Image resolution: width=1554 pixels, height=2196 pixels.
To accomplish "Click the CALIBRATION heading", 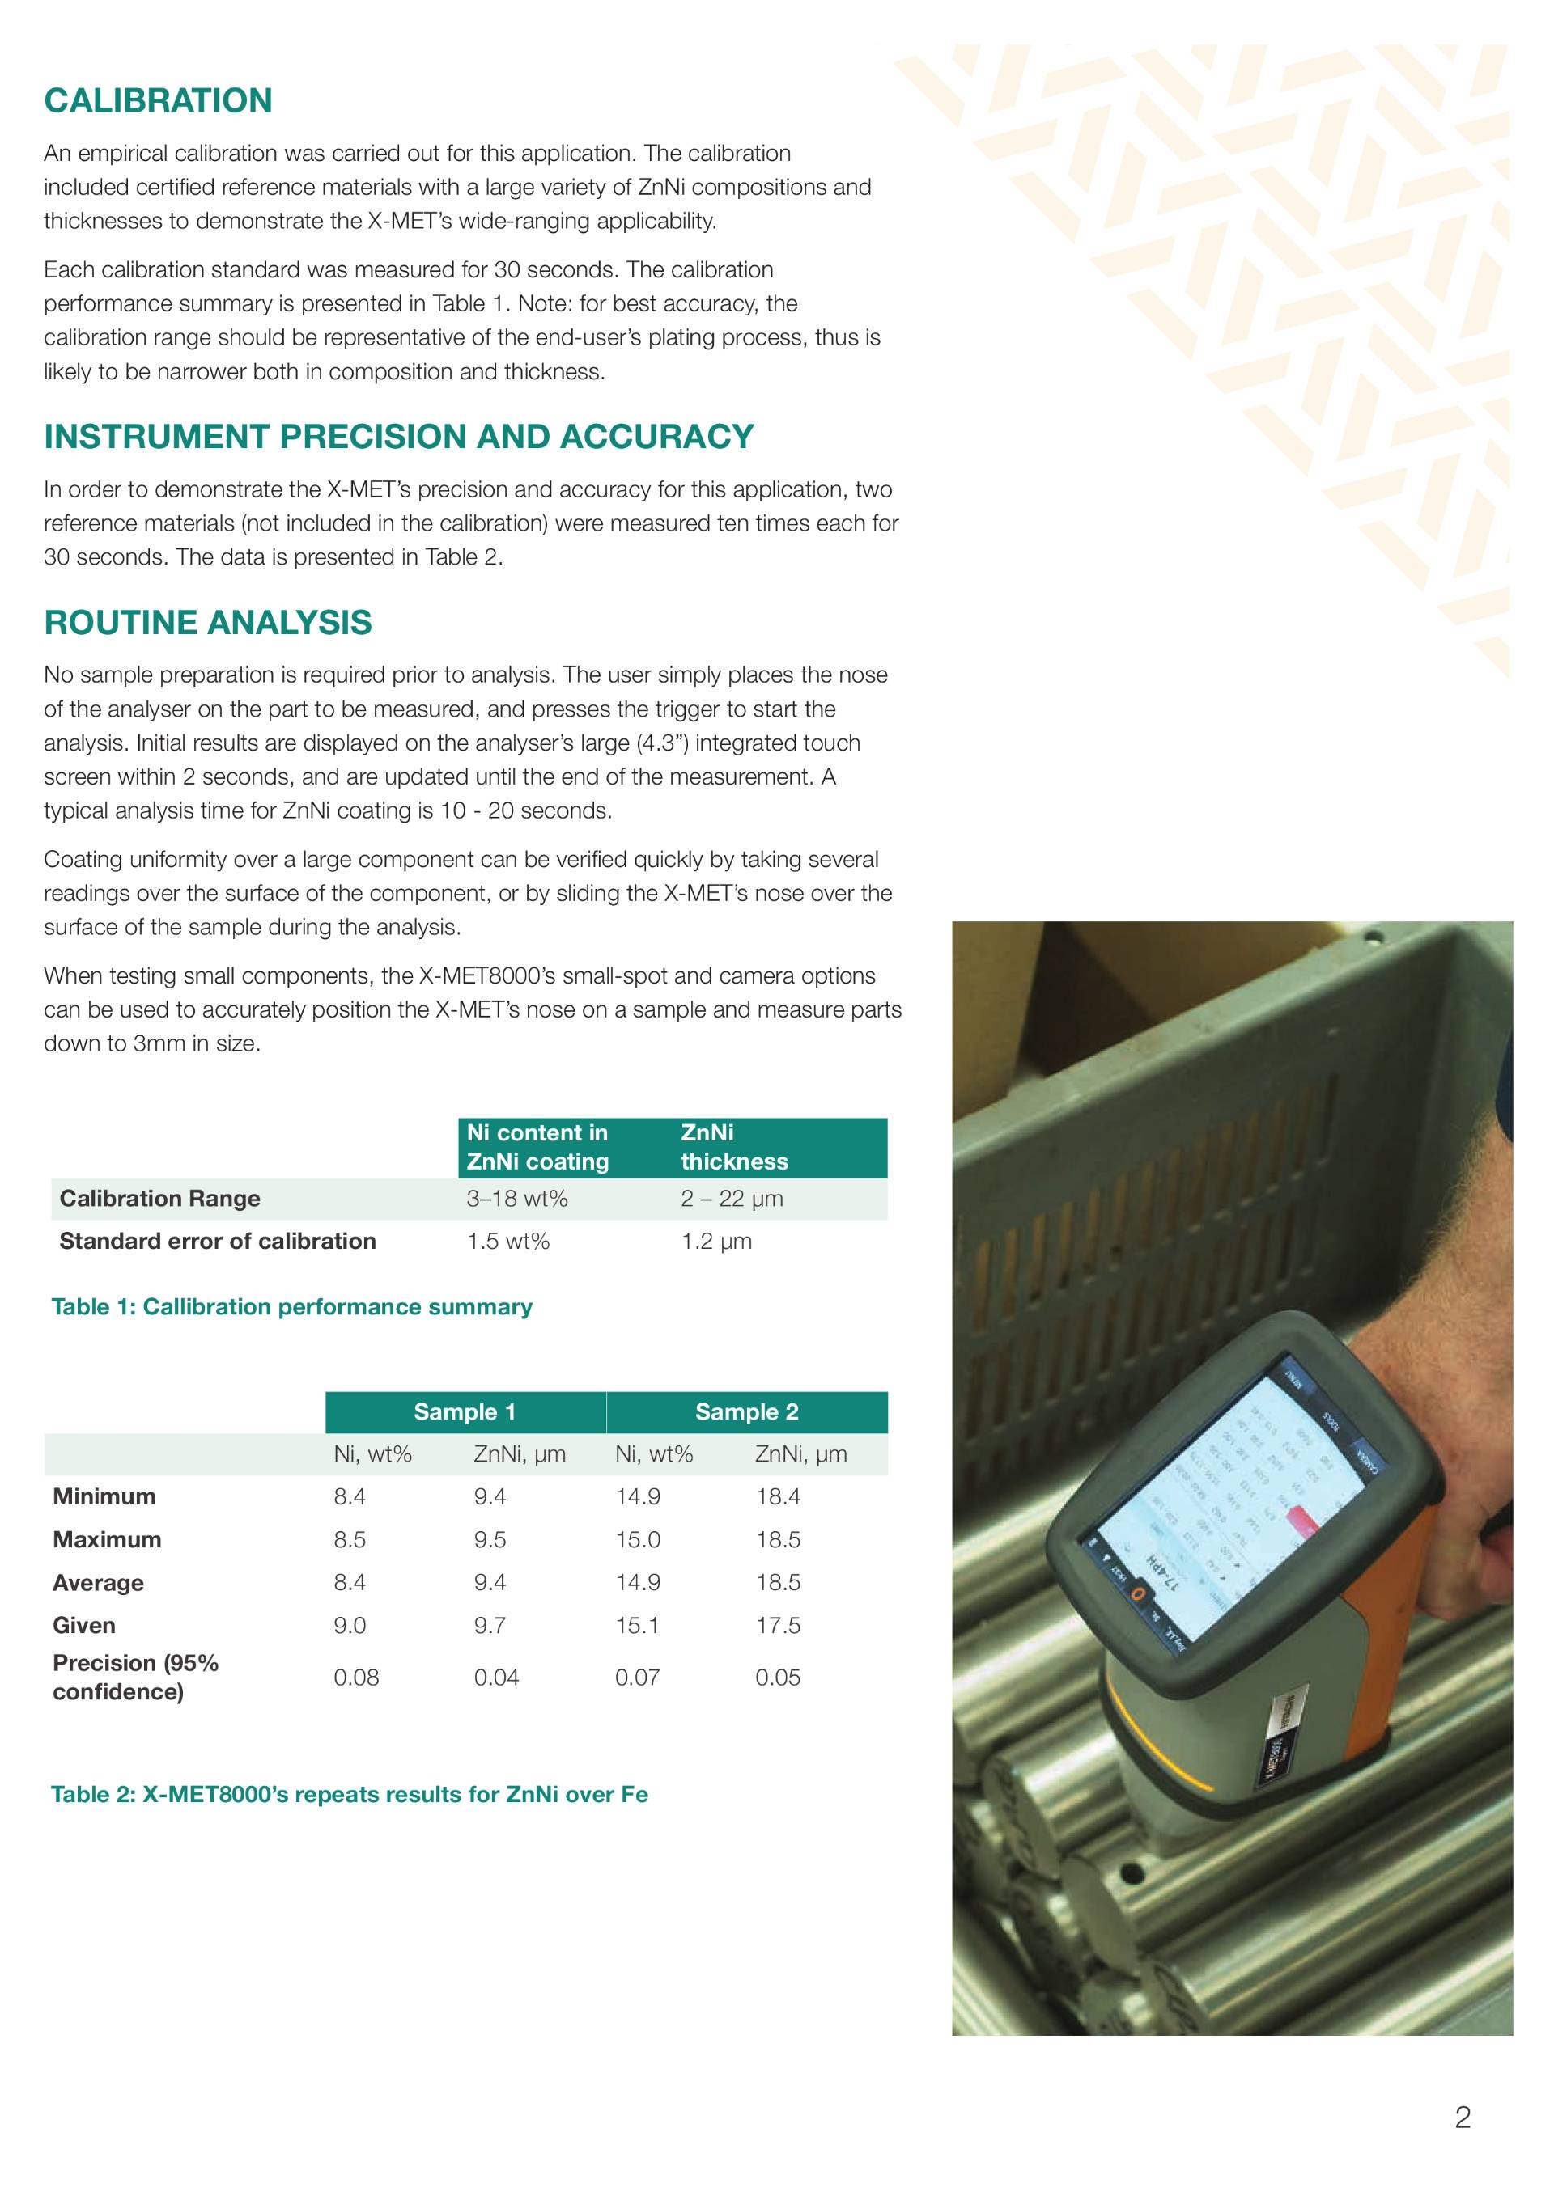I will (x=158, y=100).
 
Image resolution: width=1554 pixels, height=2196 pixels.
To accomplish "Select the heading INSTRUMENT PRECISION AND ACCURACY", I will (x=398, y=436).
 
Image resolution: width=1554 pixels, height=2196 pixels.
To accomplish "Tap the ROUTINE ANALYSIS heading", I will (x=208, y=623).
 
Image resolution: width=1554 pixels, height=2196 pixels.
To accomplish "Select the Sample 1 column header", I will (x=465, y=1411).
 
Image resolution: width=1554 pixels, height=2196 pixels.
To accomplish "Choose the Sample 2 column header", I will (x=746, y=1411).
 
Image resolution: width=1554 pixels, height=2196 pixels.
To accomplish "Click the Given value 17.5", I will (x=778, y=1625).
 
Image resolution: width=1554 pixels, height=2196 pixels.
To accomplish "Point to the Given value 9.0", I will (x=350, y=1625).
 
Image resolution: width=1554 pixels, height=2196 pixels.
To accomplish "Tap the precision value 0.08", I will (x=356, y=1677).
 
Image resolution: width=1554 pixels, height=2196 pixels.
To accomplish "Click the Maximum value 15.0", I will (x=637, y=1539).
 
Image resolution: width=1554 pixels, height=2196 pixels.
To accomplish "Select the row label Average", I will (x=98, y=1582).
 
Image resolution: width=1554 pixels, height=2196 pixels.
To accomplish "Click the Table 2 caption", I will (x=350, y=1794).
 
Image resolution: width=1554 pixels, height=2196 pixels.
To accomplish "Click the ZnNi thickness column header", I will (x=734, y=1147).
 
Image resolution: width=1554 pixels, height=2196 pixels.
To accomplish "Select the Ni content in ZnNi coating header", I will (x=537, y=1147).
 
